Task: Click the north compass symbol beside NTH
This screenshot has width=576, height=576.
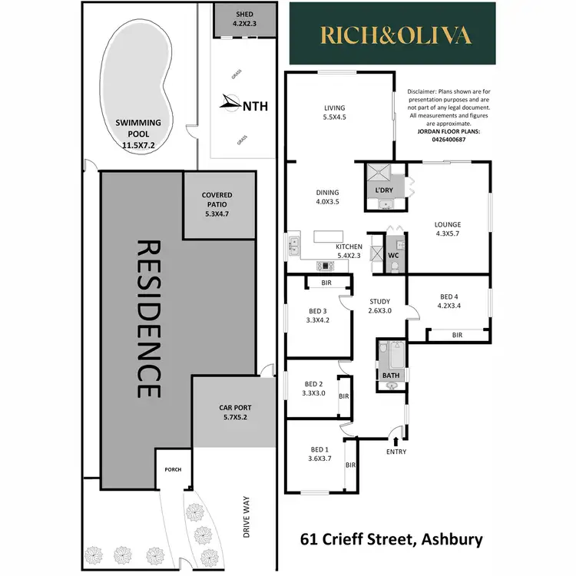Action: [228, 101]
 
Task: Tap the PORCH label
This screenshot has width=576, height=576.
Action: [171, 469]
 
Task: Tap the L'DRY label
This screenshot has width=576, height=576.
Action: [383, 190]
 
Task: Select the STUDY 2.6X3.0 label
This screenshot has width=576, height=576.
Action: [379, 306]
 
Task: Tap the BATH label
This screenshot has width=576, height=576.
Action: [390, 375]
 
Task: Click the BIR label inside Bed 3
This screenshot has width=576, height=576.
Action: [326, 283]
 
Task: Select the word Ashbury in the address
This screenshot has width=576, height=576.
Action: [449, 539]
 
